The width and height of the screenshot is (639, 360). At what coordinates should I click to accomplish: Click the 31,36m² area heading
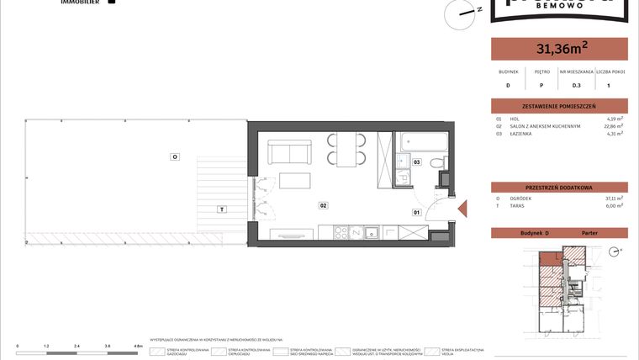[x=559, y=50]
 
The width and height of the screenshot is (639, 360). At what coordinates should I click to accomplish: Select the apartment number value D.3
[x=577, y=85]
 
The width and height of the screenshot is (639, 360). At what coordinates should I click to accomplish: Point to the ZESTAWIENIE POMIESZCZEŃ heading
[x=559, y=107]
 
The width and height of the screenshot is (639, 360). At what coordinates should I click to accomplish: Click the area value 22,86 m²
[x=615, y=126]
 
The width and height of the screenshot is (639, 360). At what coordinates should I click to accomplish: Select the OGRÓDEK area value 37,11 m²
[x=615, y=199]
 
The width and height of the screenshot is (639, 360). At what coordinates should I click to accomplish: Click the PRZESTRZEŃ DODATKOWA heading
[x=559, y=187]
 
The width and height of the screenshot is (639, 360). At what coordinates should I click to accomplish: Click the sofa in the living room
[x=290, y=153]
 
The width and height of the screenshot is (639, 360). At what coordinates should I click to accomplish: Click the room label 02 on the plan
[x=323, y=205]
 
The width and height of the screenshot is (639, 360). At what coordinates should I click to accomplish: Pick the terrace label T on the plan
[x=221, y=209]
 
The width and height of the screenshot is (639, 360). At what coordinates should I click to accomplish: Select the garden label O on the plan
[x=174, y=157]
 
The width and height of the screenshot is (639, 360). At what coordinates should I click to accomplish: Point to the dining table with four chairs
[x=346, y=149]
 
